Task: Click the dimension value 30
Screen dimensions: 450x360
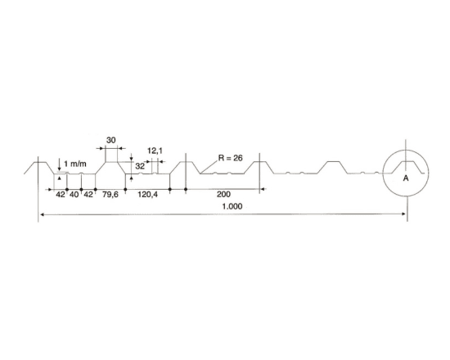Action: tap(110, 140)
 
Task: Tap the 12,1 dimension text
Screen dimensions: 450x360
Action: tap(155, 151)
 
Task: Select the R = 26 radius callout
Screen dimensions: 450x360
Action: tap(230, 158)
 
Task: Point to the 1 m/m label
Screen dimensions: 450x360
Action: tap(75, 164)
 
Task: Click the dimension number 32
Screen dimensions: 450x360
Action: tap(140, 166)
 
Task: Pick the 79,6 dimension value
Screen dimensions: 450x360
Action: tap(110, 195)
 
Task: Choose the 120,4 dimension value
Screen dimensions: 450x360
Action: tap(147, 195)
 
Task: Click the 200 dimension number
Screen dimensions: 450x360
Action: tap(223, 195)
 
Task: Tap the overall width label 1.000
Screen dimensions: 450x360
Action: tap(232, 206)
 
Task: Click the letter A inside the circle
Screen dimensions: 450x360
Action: tap(406, 178)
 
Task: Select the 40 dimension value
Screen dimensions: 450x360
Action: tap(74, 195)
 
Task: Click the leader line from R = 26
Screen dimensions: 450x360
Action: tap(209, 166)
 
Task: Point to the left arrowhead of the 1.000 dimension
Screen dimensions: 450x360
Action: tap(42, 214)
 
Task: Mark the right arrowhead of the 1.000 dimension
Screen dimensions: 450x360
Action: tap(403, 214)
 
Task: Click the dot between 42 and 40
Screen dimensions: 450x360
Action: tap(67, 190)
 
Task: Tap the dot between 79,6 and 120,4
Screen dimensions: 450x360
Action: tap(125, 190)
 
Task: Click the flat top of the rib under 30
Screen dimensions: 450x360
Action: tap(111, 162)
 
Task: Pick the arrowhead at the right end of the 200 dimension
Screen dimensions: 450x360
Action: tap(263, 189)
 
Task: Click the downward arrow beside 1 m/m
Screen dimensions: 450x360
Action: tap(59, 164)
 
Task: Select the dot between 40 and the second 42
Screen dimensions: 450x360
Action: tap(82, 190)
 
